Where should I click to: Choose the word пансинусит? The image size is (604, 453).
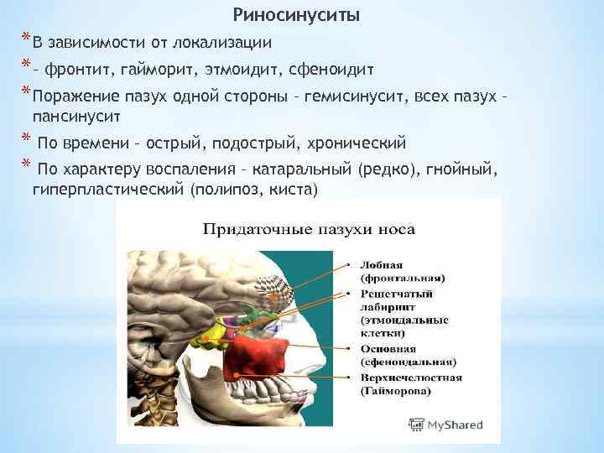tap(76, 112)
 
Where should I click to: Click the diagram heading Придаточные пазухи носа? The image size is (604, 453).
tap(308, 229)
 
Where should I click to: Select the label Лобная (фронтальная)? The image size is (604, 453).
tap(403, 271)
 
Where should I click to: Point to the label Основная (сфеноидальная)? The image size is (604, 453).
tap(408, 355)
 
